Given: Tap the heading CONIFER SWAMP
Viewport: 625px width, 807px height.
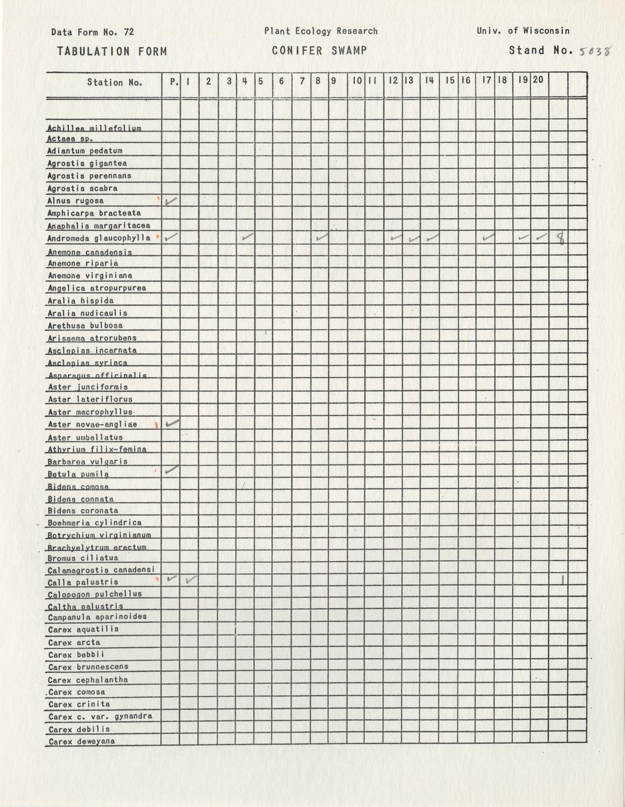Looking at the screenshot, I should click(319, 51).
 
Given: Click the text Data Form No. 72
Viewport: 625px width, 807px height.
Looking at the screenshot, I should click(92, 32).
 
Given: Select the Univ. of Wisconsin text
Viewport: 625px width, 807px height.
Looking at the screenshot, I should click(523, 31).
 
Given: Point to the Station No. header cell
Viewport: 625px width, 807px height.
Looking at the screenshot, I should click(115, 82).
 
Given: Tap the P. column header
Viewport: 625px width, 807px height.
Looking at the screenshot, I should click(174, 82).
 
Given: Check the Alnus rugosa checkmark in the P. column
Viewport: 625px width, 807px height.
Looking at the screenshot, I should click(171, 201).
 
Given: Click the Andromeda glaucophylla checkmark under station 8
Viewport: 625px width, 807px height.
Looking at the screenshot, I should click(321, 237).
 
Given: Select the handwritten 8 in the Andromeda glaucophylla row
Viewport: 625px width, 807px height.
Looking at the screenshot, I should click(561, 237).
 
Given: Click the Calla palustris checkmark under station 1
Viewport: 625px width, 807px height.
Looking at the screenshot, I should click(190, 580).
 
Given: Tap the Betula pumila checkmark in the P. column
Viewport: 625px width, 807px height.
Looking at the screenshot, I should click(171, 470).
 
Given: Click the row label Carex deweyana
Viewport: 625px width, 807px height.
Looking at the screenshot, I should click(82, 742).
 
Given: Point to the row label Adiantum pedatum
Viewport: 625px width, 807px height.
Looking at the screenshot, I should click(85, 151).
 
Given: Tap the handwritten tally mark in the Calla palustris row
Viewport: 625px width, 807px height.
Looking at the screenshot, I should click(562, 581).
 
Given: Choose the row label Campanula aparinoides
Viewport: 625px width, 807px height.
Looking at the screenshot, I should click(97, 617).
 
